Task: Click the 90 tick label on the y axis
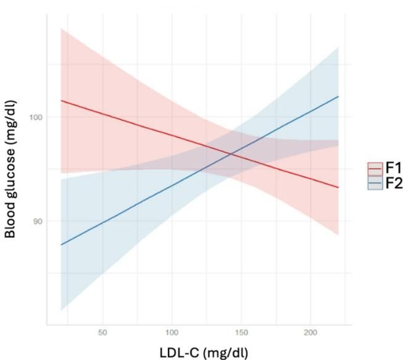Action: pos(36,221)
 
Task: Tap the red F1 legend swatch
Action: pos(375,167)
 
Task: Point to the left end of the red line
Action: pos(61,101)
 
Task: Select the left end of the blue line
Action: pos(61,245)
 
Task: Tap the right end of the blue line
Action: pos(339,96)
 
